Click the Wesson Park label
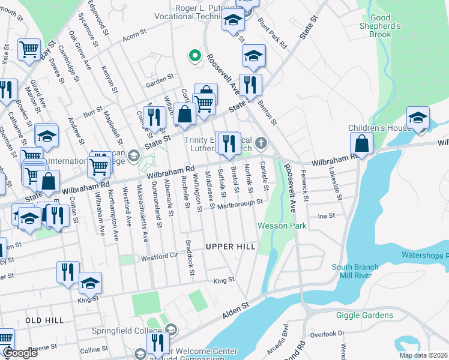coord(282,226)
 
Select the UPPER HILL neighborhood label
coord(231,247)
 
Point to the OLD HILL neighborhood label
coord(45,320)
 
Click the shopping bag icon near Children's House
coord(362,144)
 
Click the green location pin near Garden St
coord(194,56)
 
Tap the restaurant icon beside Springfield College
coord(157,343)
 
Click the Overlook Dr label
coord(332,333)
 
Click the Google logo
coord(20,353)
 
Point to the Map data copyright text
coord(424,355)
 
